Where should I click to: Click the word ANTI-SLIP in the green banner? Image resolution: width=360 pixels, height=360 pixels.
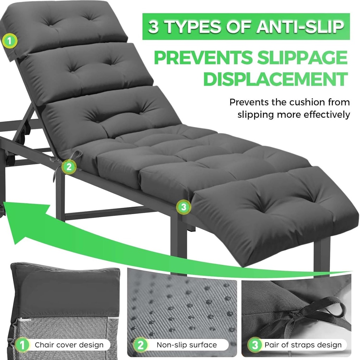[x=299, y=27]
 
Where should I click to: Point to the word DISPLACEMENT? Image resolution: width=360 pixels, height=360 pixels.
[x=276, y=79]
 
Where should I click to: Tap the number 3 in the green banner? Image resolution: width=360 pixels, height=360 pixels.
[x=153, y=27]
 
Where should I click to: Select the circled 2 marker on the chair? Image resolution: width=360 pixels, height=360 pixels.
[x=69, y=167]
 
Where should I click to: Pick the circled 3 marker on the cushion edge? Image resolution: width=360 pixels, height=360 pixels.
[x=183, y=207]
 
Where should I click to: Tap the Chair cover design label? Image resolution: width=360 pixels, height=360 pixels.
[x=69, y=345]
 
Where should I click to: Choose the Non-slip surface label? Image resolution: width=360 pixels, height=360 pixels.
[x=187, y=345]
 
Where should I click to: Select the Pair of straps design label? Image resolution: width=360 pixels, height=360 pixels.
[x=303, y=345]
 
